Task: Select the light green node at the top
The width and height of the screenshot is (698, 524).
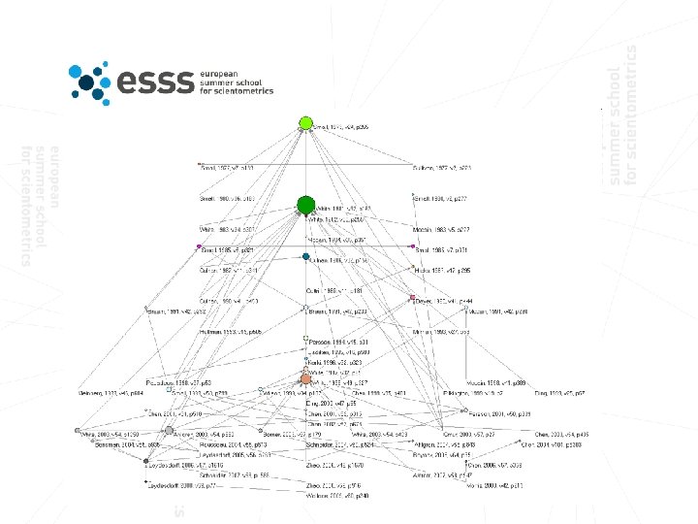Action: [305, 123]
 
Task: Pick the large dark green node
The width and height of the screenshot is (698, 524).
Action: [305, 205]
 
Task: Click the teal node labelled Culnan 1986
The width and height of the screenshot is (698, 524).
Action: [306, 257]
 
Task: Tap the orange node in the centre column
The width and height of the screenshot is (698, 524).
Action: [305, 378]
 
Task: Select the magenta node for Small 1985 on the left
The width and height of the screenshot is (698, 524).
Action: [199, 247]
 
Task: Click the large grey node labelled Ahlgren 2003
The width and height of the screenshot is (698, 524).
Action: [170, 430]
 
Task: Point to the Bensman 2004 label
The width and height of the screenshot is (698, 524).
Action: [121, 442]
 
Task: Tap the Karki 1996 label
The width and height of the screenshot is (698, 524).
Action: [327, 361]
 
